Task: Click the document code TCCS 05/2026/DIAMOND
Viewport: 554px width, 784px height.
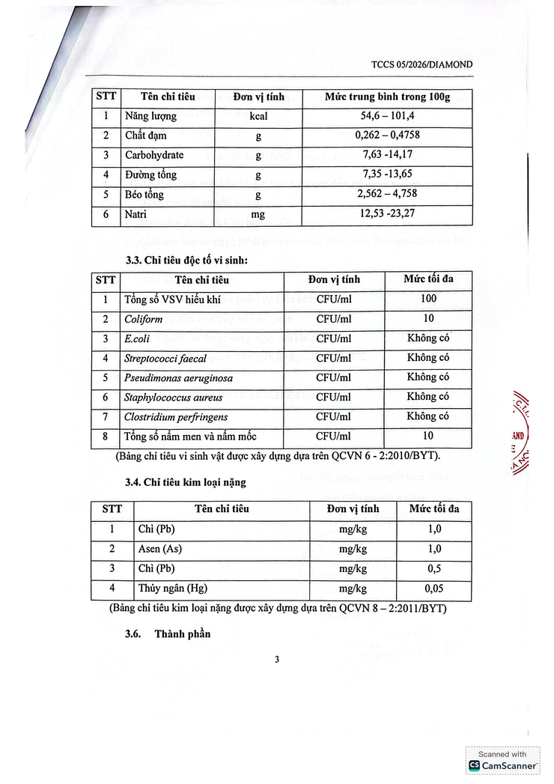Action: tap(422, 64)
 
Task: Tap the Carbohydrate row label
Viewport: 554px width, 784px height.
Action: tap(154, 155)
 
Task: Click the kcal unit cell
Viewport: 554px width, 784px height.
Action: tap(258, 117)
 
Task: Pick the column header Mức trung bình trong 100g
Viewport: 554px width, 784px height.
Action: tap(387, 97)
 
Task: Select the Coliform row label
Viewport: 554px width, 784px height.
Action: tap(143, 319)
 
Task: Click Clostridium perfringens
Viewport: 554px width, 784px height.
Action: tap(176, 416)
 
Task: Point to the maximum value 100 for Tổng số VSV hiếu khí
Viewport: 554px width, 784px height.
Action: tap(427, 300)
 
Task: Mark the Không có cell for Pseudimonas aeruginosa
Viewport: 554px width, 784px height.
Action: tap(427, 377)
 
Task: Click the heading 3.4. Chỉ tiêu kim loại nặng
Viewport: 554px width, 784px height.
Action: tap(186, 482)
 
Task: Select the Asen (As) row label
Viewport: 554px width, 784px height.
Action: tap(160, 549)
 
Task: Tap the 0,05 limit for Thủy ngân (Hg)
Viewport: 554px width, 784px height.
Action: tap(434, 588)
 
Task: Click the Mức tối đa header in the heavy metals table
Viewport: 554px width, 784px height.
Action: tap(434, 509)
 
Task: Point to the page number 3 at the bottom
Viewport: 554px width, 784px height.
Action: tap(277, 660)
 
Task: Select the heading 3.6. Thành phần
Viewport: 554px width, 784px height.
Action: tap(168, 634)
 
